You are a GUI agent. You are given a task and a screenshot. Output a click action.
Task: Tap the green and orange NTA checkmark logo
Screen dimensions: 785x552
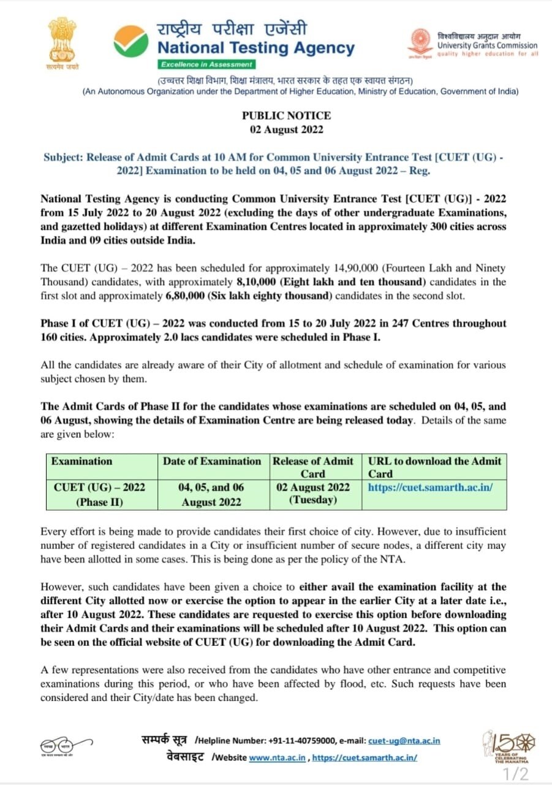coord(130,40)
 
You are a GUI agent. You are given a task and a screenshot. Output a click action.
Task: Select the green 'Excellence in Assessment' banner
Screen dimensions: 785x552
coord(206,64)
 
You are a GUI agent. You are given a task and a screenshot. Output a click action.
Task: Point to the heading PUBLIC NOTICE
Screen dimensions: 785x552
coord(286,115)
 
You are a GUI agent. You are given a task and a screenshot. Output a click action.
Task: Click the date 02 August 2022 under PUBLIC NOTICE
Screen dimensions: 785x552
coord(286,129)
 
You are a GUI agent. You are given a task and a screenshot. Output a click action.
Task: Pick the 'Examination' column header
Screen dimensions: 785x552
coord(82,461)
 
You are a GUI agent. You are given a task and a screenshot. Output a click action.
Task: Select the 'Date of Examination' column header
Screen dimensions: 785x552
coord(212,461)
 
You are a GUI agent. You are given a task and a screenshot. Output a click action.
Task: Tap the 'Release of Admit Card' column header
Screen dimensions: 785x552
coord(313,467)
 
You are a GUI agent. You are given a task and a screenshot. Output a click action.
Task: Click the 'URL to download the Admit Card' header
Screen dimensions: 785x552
coord(434,467)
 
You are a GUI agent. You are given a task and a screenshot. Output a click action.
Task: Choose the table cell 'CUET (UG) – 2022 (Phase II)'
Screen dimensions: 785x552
coord(100,494)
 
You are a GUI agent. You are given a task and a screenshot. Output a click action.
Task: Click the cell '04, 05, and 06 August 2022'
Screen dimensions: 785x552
coord(211,494)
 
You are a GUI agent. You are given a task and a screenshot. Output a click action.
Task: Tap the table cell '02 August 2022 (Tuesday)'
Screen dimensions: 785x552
coord(313,493)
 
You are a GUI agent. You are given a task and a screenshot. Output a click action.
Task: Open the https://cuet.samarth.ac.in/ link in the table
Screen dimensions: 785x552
coord(430,488)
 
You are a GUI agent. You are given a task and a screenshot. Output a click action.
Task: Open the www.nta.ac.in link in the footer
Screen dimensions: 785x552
coord(278,757)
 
